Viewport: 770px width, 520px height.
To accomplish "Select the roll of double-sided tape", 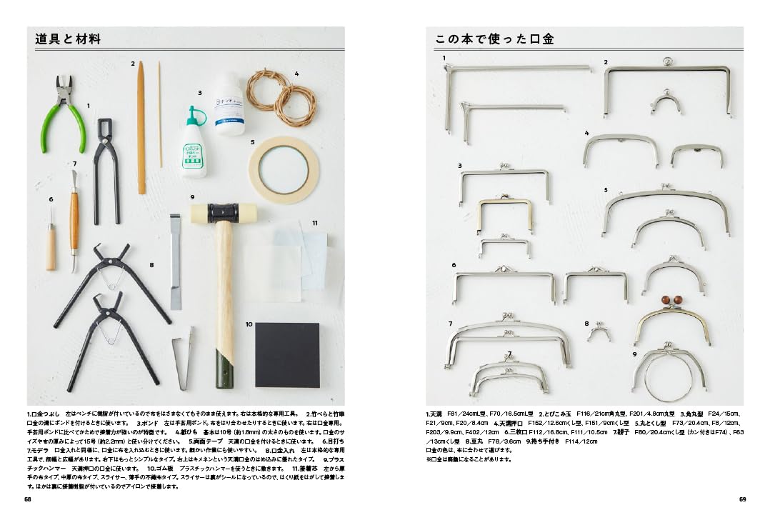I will [283, 167].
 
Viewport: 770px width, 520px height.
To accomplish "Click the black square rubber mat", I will [287, 354].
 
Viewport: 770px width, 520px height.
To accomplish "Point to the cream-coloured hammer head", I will [223, 213].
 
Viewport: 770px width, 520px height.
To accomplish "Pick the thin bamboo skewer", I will [160, 114].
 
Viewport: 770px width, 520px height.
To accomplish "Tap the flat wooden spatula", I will [141, 129].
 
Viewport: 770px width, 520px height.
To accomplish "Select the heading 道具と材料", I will [68, 39].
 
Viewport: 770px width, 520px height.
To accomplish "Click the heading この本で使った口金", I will [494, 39].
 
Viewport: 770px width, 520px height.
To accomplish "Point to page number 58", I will [28, 499].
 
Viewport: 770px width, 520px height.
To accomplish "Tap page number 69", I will [742, 499].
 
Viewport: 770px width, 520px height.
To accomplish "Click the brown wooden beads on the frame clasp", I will [671, 301].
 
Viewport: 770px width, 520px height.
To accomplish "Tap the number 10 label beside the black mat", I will [249, 324].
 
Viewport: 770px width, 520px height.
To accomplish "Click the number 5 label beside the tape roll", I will [252, 142].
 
